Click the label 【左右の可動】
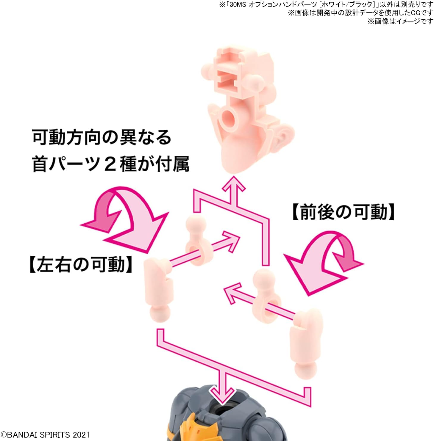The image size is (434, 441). pos(81,264)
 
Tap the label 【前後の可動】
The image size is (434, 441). pos(344,212)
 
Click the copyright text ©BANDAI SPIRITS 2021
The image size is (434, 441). pos(45,434)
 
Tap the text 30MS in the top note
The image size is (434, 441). pos(238,4)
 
